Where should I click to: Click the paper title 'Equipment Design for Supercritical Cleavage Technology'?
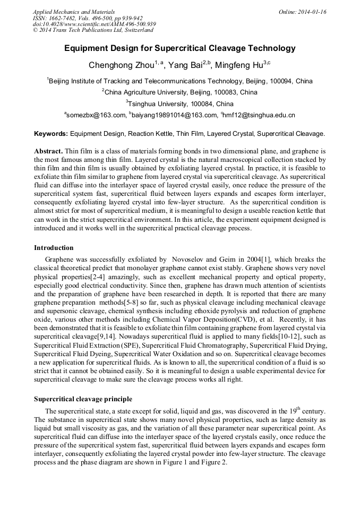point(179,48)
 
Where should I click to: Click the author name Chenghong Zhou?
point(121,65)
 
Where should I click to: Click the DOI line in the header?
point(94,24)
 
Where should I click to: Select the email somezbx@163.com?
point(96,115)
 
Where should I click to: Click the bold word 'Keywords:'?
point(51,134)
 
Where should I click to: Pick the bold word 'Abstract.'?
point(48,151)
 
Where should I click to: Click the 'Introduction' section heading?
point(54,248)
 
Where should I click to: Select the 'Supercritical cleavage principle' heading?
point(83,399)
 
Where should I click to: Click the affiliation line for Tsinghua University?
point(181,103)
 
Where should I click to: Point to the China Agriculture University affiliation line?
point(179,92)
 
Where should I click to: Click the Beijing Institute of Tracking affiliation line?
point(179,81)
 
